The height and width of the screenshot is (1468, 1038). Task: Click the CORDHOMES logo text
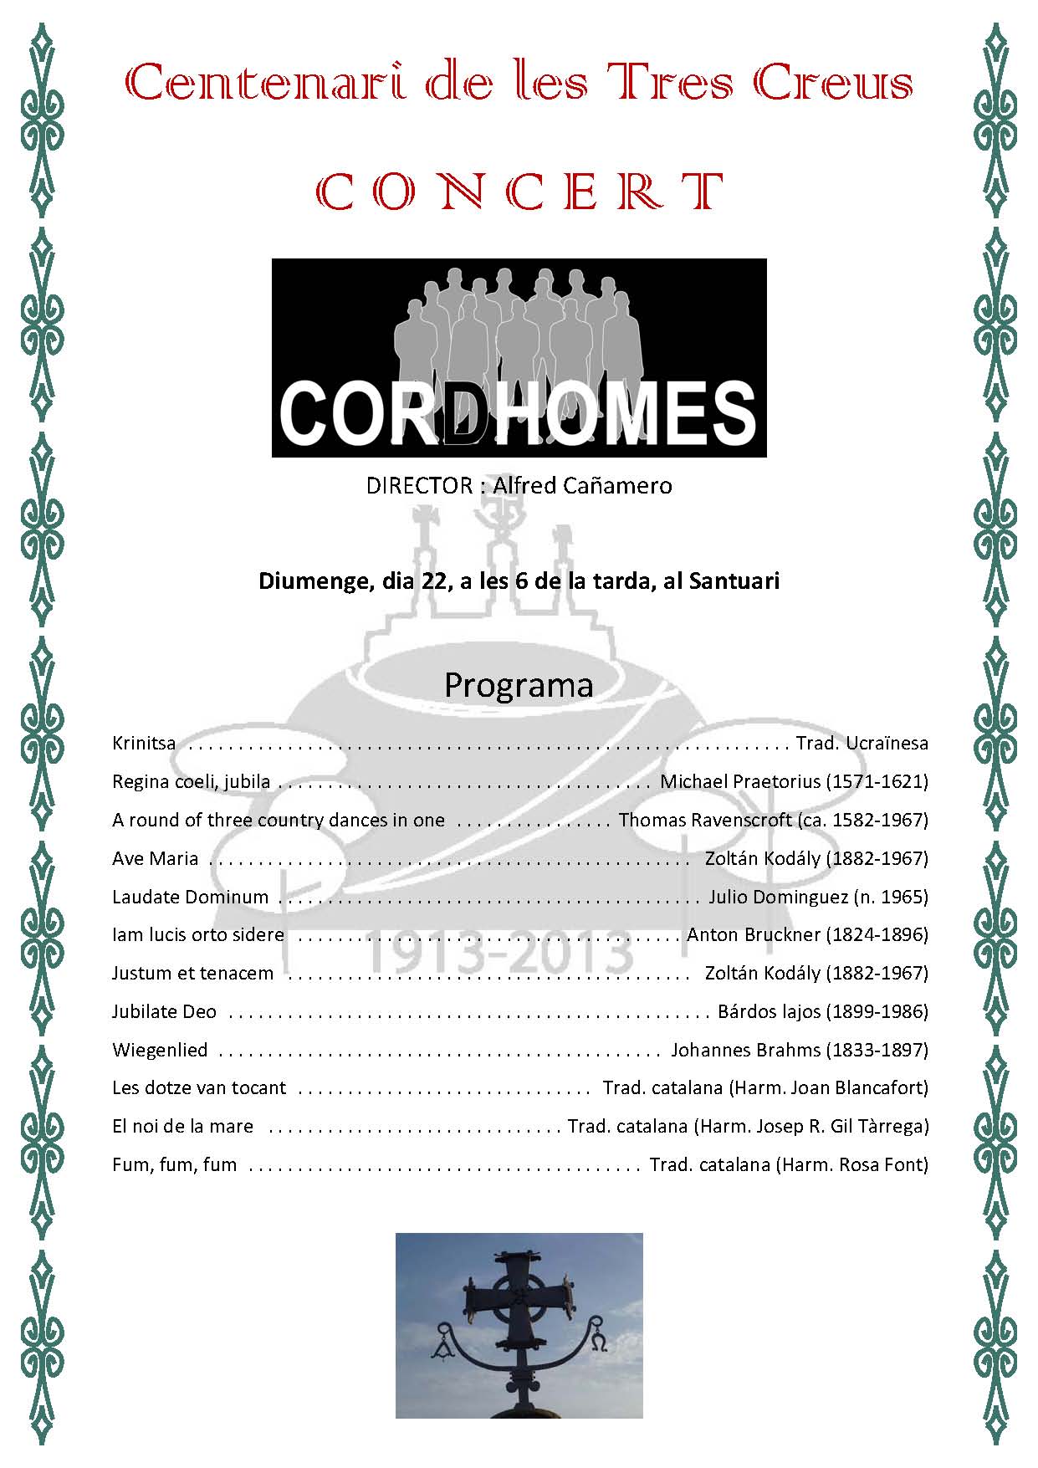click(x=518, y=412)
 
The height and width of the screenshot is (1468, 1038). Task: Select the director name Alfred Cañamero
click(x=582, y=486)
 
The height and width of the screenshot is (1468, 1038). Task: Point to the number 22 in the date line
click(x=434, y=581)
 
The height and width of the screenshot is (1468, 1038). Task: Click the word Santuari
click(x=734, y=581)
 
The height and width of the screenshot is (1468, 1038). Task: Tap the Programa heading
click(x=519, y=685)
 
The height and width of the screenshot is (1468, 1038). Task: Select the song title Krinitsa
click(x=144, y=743)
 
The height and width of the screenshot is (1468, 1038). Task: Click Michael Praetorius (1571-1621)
click(x=794, y=781)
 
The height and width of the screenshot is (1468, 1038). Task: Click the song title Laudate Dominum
click(x=190, y=897)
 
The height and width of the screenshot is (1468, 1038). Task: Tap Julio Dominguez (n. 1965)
click(x=818, y=897)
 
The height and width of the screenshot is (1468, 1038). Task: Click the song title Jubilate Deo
click(x=164, y=1011)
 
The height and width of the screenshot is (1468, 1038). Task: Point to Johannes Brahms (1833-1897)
click(x=799, y=1050)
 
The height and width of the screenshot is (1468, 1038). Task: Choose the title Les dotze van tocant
click(x=198, y=1087)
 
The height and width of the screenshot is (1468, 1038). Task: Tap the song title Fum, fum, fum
click(x=174, y=1164)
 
